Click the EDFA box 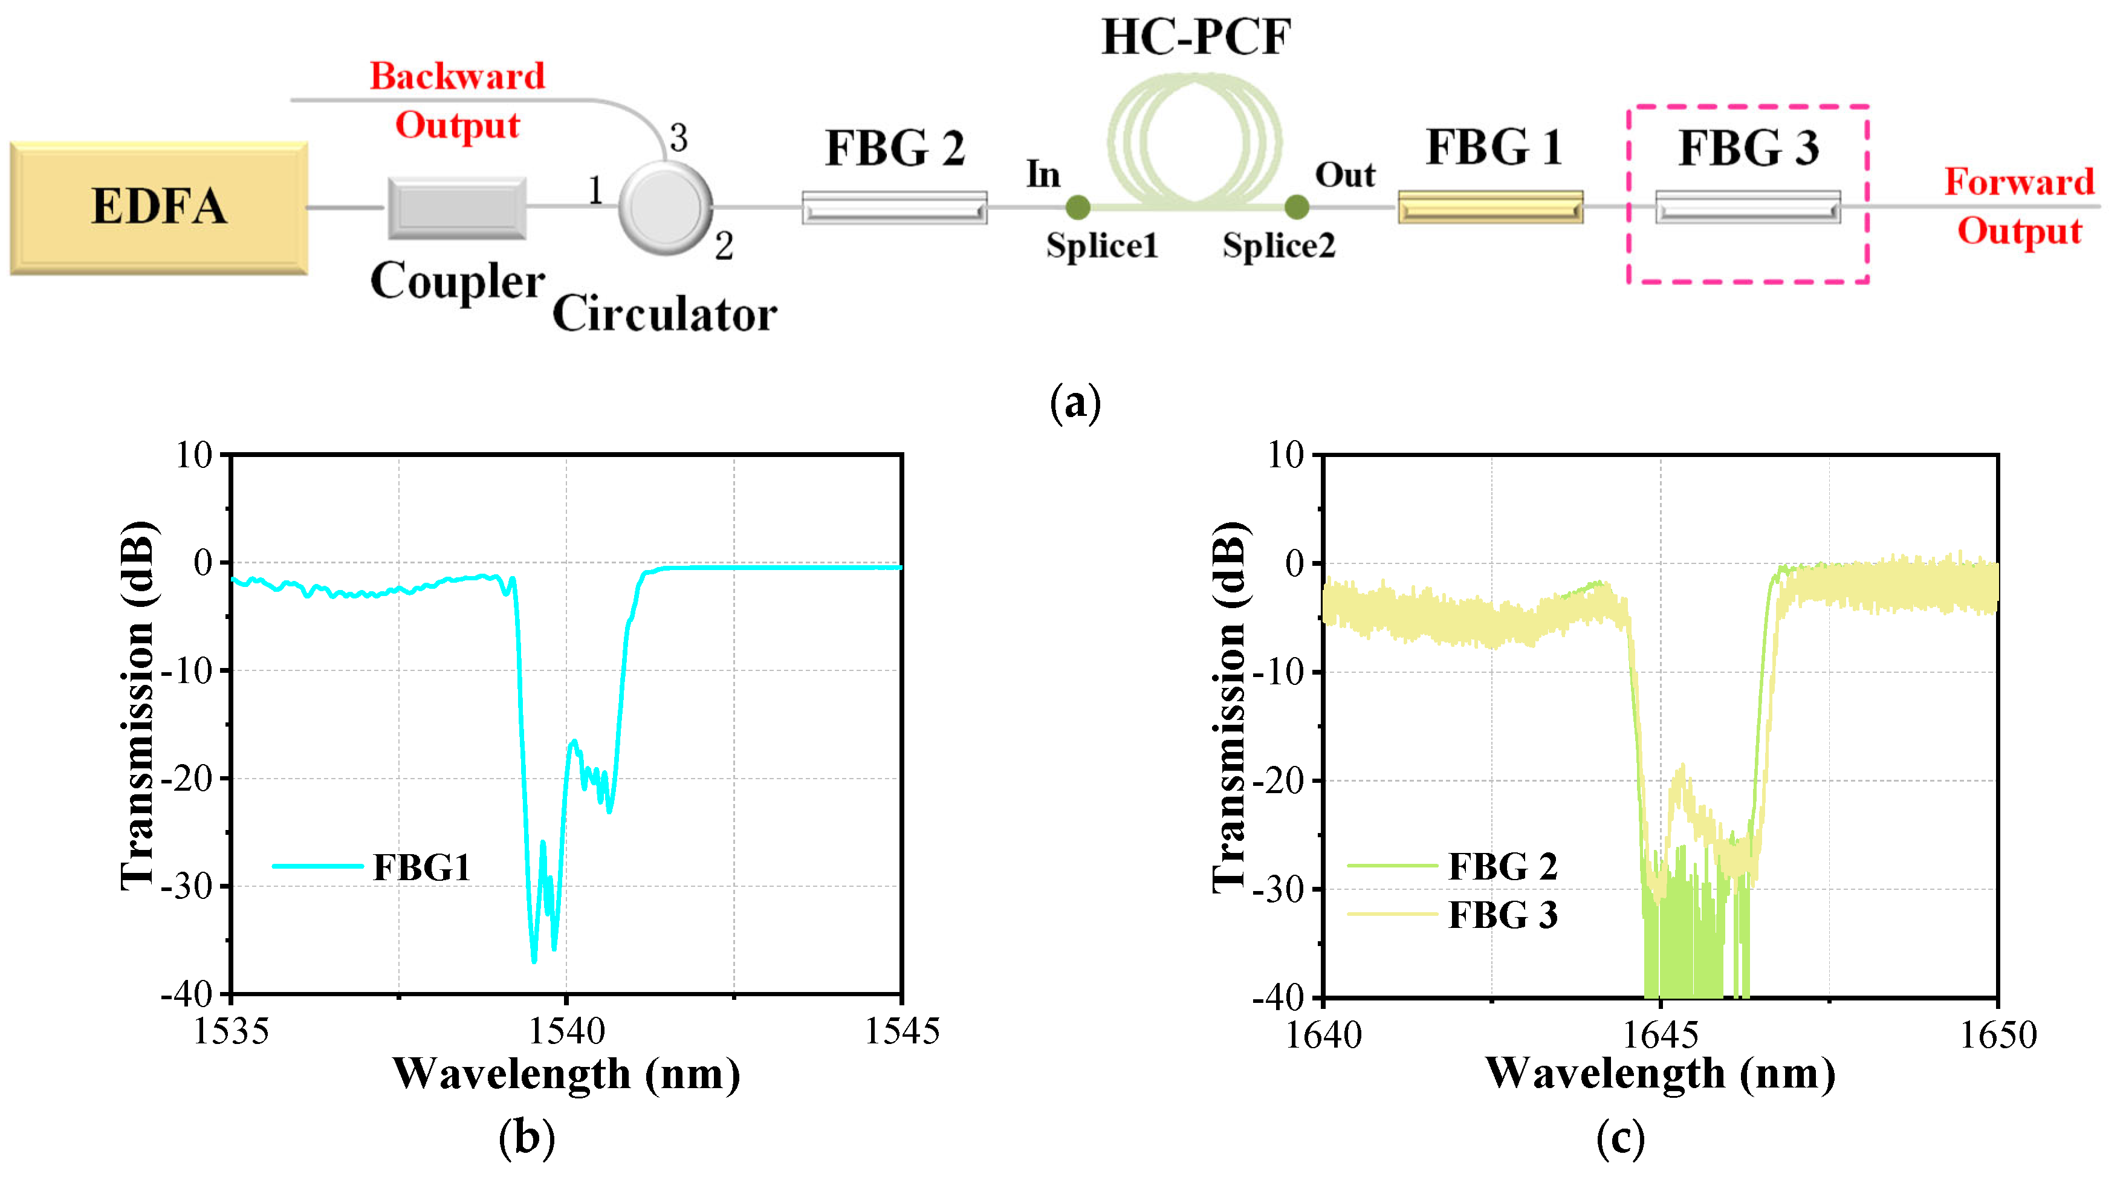[158, 207]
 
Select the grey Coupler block [456, 207]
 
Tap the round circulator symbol [665, 207]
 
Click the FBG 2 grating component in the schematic [894, 208]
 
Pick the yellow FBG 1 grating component [1489, 208]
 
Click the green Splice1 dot [1078, 207]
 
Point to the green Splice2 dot [1297, 207]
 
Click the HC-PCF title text [1195, 37]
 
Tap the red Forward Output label [2019, 206]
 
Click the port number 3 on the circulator [678, 138]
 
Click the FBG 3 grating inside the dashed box [1747, 208]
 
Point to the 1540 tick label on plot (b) [566, 1031]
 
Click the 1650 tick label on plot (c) [1997, 1035]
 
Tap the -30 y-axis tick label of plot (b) [187, 886]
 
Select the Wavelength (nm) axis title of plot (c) [1660, 1074]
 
